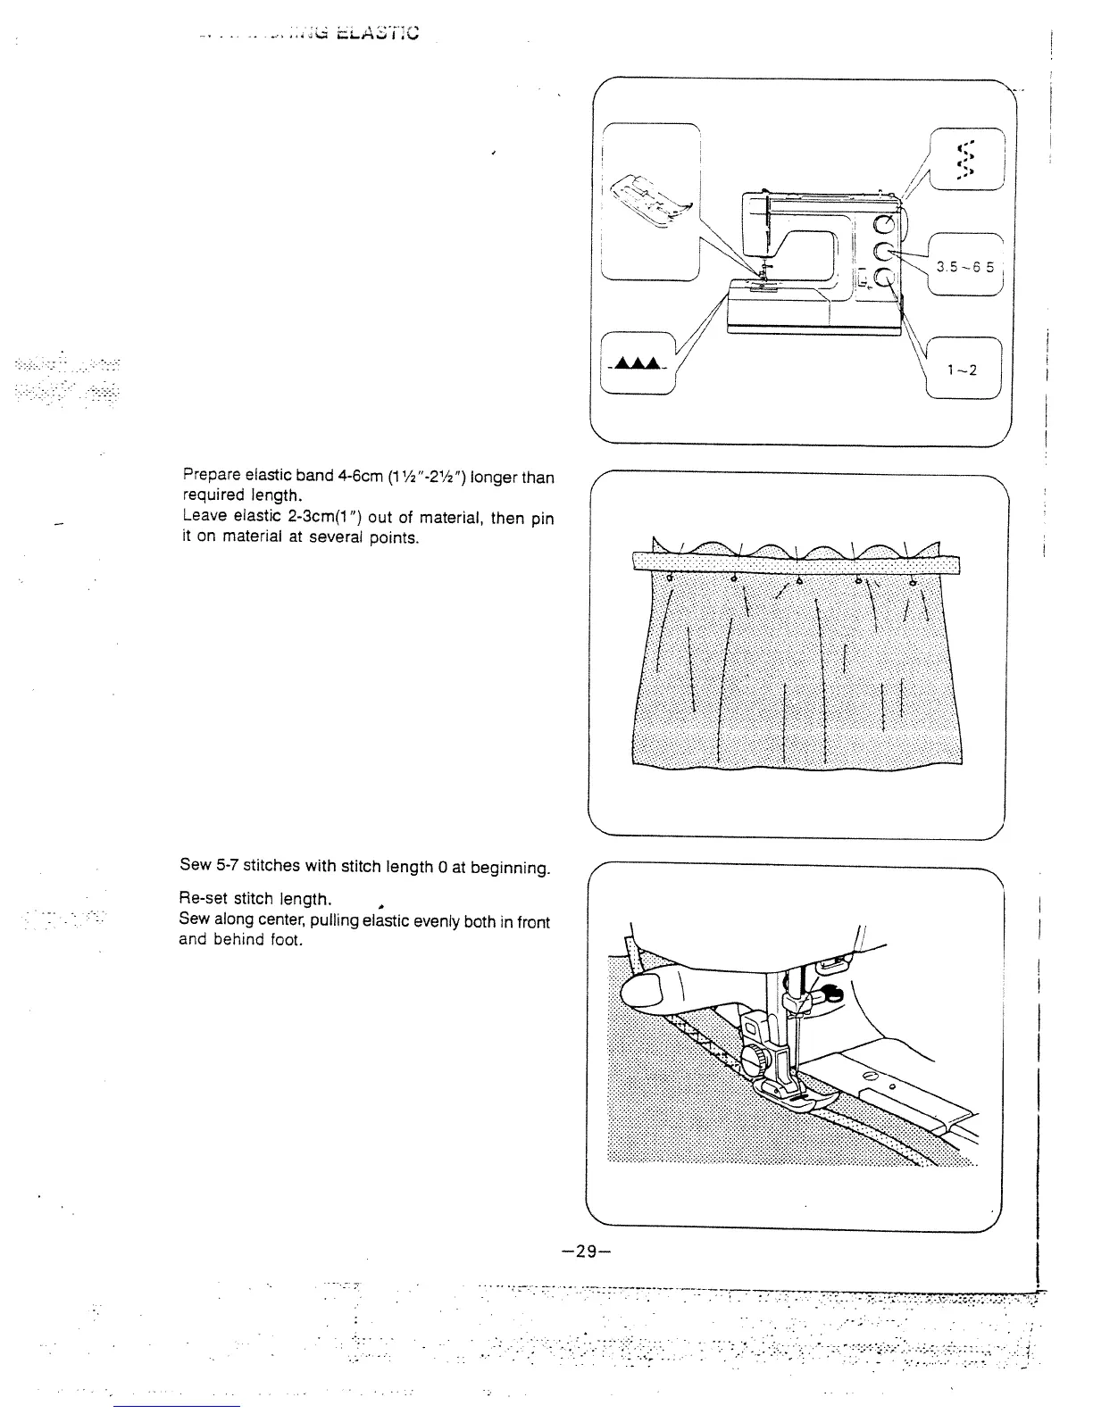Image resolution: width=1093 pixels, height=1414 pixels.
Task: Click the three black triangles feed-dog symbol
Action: click(636, 362)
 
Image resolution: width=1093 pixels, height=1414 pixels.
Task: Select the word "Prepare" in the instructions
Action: click(208, 477)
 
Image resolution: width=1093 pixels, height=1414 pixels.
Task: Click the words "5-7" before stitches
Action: click(224, 865)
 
